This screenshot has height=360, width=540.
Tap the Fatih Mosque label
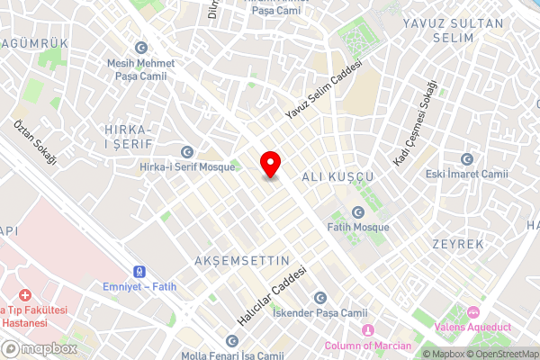click(358, 228)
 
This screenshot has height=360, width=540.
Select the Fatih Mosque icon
click(358, 212)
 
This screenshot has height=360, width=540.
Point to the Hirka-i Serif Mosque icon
click(187, 151)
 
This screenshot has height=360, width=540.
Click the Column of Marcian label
click(367, 346)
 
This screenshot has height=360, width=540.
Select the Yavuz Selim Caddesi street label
click(322, 90)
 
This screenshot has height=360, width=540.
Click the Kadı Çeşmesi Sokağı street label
click(415, 122)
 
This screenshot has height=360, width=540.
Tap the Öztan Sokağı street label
click(35, 141)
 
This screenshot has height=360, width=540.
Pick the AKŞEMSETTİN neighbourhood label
click(242, 261)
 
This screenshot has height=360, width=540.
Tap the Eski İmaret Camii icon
click(466, 158)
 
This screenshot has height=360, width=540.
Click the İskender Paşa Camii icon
click(319, 298)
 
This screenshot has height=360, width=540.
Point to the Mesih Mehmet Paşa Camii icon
click(140, 48)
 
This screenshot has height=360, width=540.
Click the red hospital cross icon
click(24, 295)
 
